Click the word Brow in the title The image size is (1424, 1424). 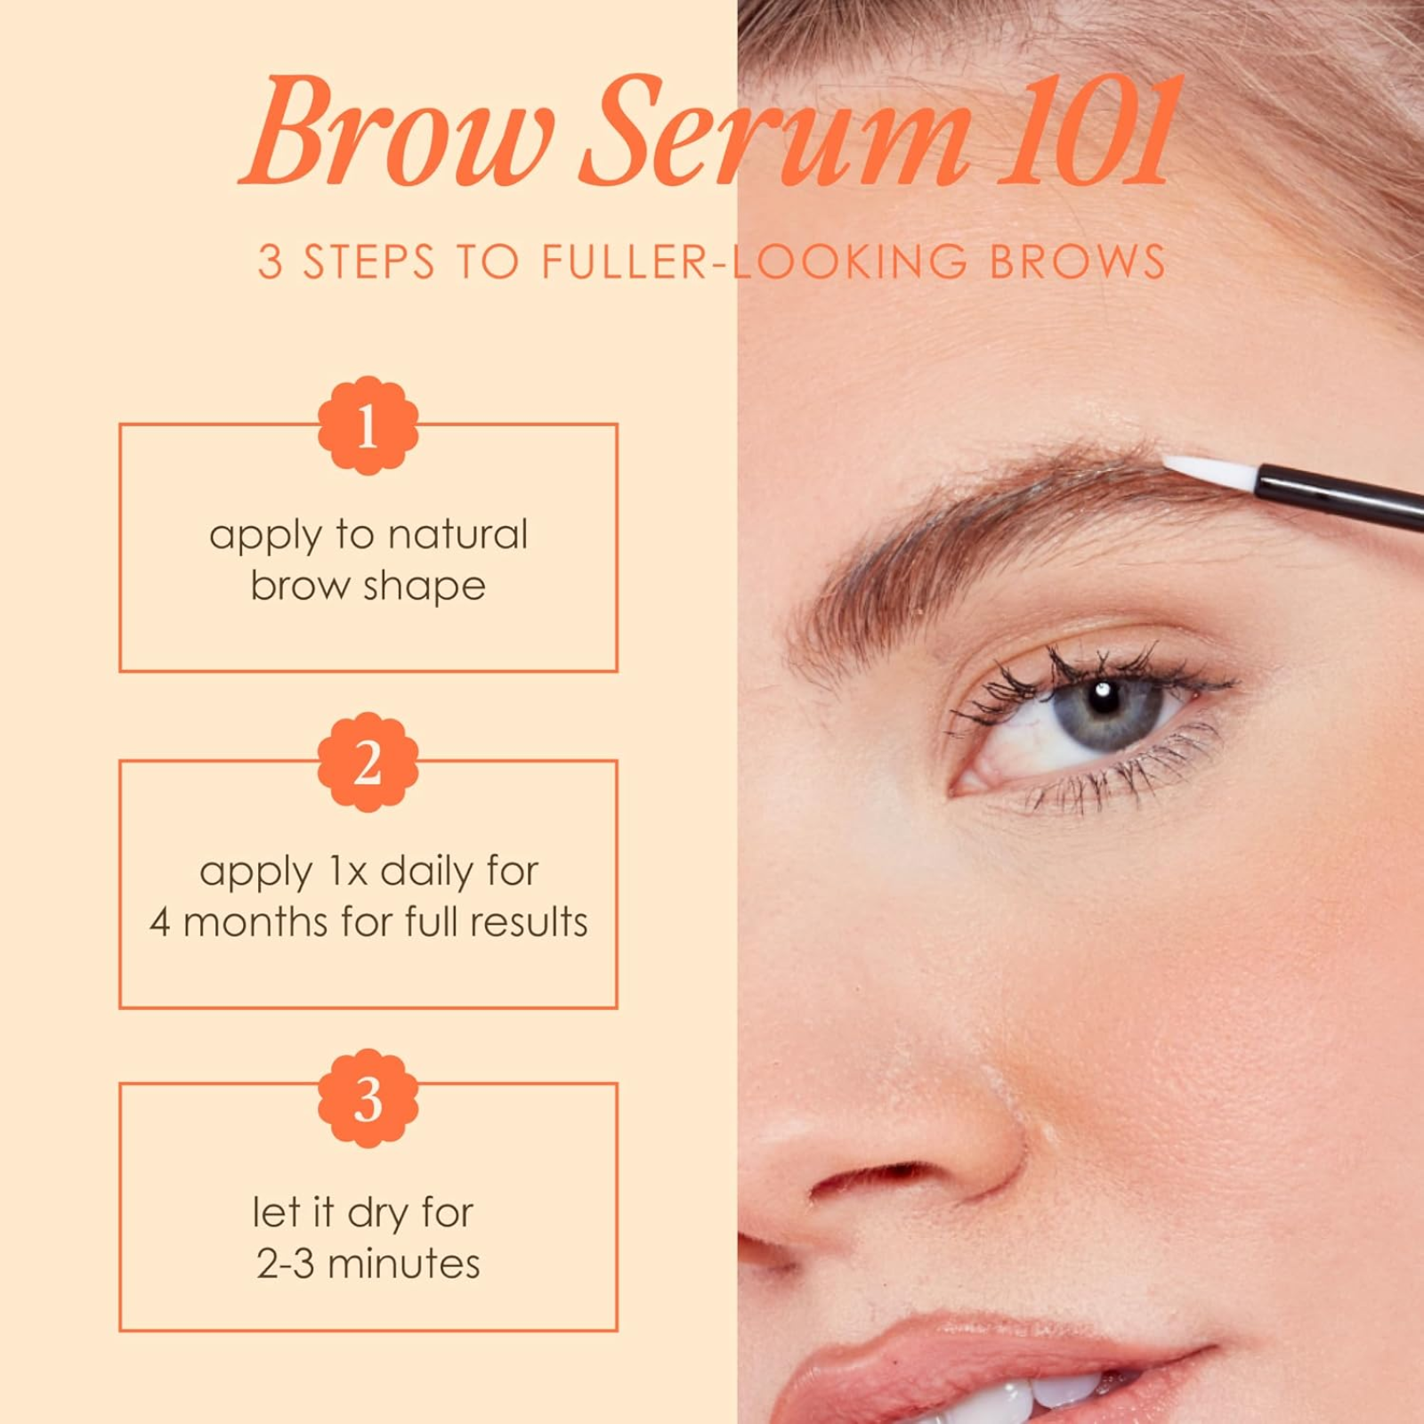click(x=396, y=133)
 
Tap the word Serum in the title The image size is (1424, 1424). click(x=774, y=133)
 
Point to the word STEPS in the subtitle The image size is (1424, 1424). click(x=368, y=263)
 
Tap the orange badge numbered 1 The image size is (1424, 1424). click(x=368, y=425)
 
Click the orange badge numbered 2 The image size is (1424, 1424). click(x=368, y=762)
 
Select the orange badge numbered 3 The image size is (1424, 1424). click(x=368, y=1098)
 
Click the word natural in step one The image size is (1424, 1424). click(x=458, y=534)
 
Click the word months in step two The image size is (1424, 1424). click(x=255, y=923)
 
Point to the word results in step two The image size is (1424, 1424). click(x=529, y=923)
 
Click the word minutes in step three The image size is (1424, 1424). click(x=404, y=1265)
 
